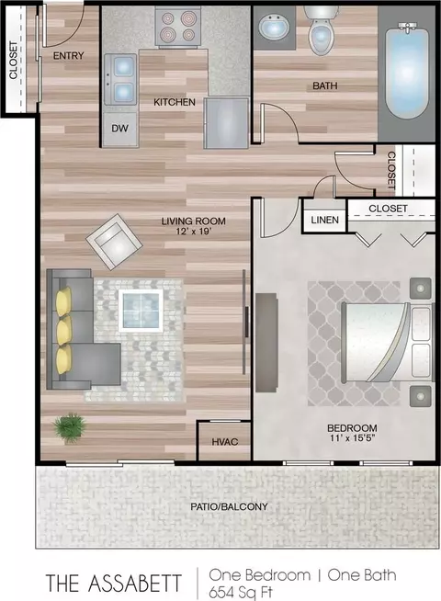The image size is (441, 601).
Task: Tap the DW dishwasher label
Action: click(x=119, y=129)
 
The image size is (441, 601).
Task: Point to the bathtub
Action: click(x=406, y=71)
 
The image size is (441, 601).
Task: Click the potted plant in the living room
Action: click(x=70, y=427)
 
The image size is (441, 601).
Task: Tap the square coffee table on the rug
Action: click(x=141, y=310)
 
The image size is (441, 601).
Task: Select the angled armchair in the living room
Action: click(x=112, y=242)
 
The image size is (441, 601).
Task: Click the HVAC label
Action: click(x=225, y=441)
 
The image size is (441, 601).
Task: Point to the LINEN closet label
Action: click(x=325, y=220)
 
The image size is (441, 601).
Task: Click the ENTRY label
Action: click(x=68, y=56)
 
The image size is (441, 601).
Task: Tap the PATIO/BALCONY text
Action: click(x=229, y=506)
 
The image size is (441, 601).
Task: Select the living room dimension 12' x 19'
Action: click(x=193, y=232)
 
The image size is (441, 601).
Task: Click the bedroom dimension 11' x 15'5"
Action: click(x=352, y=437)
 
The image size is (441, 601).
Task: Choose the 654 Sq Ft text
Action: click(x=241, y=592)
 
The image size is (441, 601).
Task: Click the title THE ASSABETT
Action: click(x=114, y=583)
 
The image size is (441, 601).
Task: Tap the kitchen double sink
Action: click(x=120, y=79)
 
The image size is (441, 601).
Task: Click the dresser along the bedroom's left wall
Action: click(x=266, y=343)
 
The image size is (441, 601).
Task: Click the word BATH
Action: click(x=325, y=85)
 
